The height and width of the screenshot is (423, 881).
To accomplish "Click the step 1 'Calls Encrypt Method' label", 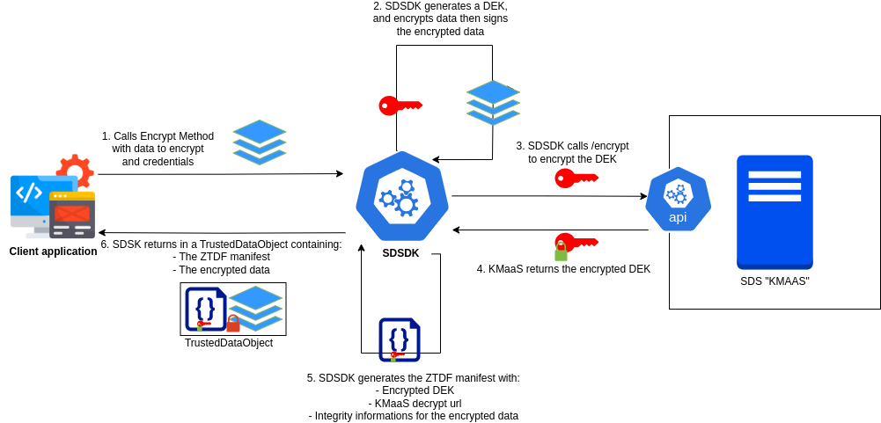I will tap(158, 149).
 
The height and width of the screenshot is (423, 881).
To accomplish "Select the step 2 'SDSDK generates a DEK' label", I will tap(440, 18).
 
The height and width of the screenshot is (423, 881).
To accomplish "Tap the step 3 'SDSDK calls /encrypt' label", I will tap(572, 152).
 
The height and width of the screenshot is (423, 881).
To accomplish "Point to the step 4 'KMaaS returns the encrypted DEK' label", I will tap(563, 269).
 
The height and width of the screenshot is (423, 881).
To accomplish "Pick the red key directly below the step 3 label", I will tap(576, 179).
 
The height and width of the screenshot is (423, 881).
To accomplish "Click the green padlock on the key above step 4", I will tap(561, 252).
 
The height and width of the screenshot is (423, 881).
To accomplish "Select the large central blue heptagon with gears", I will tap(402, 196).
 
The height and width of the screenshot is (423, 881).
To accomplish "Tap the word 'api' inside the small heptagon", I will tap(678, 217).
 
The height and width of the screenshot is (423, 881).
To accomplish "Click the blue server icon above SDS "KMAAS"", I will tap(775, 212).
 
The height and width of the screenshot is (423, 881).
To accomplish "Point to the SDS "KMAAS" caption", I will tap(775, 281).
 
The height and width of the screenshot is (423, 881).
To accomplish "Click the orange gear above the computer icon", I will tap(75, 169).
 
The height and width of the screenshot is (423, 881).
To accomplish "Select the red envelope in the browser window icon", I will tap(72, 213).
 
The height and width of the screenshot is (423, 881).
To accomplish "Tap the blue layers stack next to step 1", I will tap(260, 142).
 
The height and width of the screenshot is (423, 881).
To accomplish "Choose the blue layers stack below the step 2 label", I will tap(493, 102).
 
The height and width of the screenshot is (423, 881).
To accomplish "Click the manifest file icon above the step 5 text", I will tap(399, 339).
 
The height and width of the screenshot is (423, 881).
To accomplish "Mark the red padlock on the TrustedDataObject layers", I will tap(233, 324).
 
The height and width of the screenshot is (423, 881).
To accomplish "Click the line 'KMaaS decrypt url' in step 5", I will tap(415, 403).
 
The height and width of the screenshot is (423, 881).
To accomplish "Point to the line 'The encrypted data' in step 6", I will tap(221, 269).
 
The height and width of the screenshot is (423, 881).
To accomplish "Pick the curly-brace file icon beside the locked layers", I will tap(205, 309).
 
